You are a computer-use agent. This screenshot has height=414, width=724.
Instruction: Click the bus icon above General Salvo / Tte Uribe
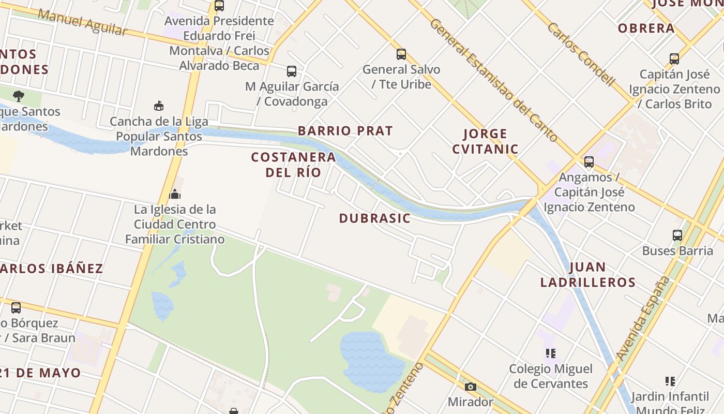point(401,54)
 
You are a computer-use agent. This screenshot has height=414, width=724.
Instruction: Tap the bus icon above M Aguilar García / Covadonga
point(292,71)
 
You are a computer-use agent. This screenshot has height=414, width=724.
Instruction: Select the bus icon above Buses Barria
point(677,235)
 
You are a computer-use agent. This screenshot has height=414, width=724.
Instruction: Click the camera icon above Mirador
point(470,387)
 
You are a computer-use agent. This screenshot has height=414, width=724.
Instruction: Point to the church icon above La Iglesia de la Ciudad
point(175,195)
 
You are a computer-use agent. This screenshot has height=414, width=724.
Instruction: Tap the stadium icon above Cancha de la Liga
point(159,106)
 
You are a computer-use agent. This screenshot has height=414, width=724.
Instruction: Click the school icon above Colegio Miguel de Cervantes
point(551,353)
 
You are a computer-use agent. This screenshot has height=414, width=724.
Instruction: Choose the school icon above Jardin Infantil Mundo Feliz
point(670,381)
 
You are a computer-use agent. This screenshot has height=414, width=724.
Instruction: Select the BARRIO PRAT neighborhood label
point(345,131)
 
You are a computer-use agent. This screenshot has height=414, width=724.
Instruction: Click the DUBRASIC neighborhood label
point(375,218)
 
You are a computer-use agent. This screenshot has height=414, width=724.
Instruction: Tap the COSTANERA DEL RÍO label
point(293,165)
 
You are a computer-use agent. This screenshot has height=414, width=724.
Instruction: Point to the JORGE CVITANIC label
point(485,141)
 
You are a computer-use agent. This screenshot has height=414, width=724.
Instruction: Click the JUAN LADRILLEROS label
point(588,275)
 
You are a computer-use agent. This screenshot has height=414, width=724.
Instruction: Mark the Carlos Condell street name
point(581,54)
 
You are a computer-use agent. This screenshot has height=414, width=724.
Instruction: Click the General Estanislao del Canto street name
point(493,80)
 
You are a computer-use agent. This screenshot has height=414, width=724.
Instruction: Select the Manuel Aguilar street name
point(82,22)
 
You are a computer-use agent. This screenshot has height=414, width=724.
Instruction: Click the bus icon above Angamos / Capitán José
point(589,162)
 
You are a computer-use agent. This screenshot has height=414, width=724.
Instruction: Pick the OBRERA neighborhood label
point(646,28)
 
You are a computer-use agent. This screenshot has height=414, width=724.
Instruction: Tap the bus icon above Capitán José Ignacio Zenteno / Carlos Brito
point(674,59)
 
